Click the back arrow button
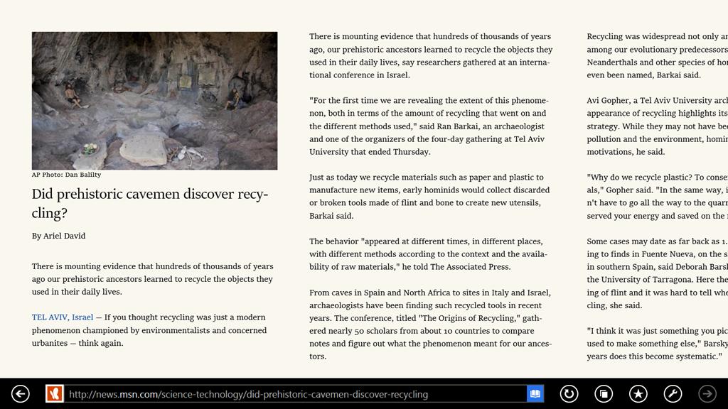pos(21,393)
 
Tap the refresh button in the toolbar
pos(569,393)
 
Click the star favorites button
pos(638,393)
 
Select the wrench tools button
pos(673,393)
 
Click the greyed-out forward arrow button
pos(707,393)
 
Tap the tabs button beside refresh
pos(604,393)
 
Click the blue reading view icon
pos(535,393)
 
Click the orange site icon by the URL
pos(55,393)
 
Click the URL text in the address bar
pos(248,394)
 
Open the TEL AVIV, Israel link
pos(63,317)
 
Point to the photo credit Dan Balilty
pos(82,175)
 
